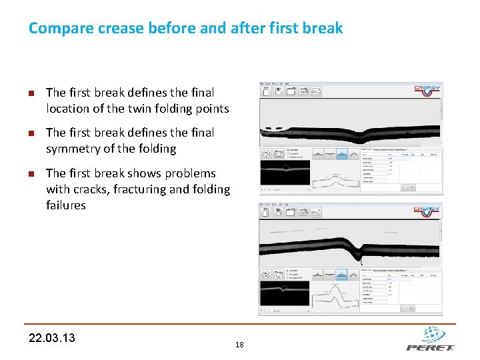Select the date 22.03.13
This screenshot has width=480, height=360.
(52, 337)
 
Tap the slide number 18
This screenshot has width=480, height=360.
(239, 345)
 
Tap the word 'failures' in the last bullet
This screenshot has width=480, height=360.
(66, 205)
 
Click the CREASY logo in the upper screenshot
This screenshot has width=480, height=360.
(427, 89)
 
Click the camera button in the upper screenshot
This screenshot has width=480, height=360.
(278, 153)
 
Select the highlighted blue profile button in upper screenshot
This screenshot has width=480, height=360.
(343, 153)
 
